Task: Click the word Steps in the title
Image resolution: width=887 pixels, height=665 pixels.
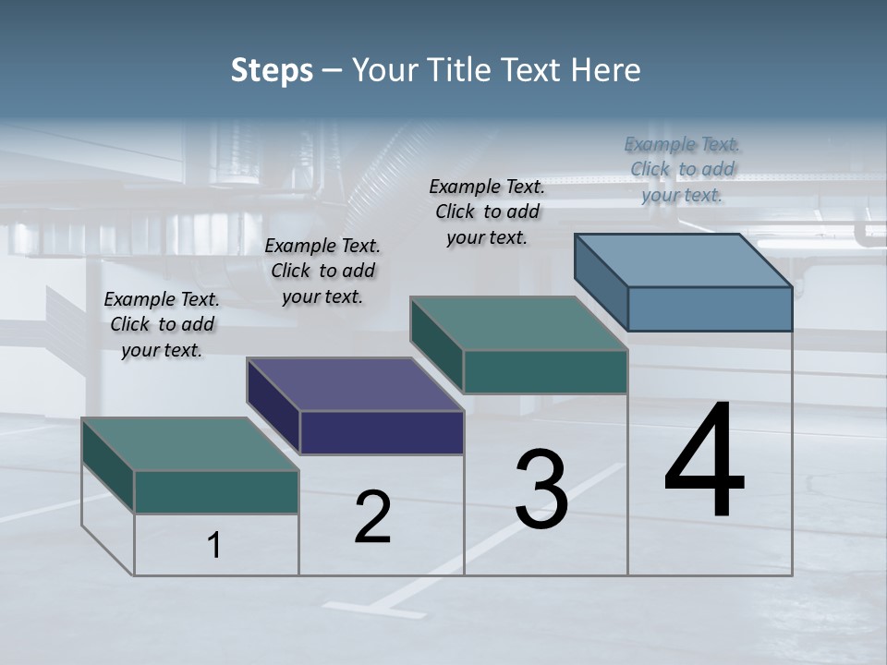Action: coord(272,70)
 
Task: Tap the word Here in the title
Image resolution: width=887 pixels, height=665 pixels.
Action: coord(606,70)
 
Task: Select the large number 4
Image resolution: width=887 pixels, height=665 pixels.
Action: coord(704,462)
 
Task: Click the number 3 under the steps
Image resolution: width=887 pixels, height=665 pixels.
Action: coord(541,489)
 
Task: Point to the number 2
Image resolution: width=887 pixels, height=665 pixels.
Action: coord(372,517)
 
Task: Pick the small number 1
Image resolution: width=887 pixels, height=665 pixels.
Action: coord(214,546)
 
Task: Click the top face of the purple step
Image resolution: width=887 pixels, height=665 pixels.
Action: coord(355,384)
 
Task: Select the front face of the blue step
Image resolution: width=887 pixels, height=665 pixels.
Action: coord(710,308)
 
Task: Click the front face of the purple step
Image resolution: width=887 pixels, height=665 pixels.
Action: coord(382,432)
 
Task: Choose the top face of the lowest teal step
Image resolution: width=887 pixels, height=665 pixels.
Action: coord(190,444)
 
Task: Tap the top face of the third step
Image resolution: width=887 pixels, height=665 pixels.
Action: coord(519,323)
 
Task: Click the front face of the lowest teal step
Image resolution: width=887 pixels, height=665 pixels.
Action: coord(216,491)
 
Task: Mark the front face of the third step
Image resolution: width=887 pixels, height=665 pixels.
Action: coord(545,371)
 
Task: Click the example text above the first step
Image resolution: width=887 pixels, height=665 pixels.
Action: coord(162,324)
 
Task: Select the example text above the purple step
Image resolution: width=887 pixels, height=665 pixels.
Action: coord(322,271)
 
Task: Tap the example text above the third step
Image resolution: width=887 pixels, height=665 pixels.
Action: coord(487,212)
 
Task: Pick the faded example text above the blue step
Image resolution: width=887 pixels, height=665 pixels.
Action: coord(682,169)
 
